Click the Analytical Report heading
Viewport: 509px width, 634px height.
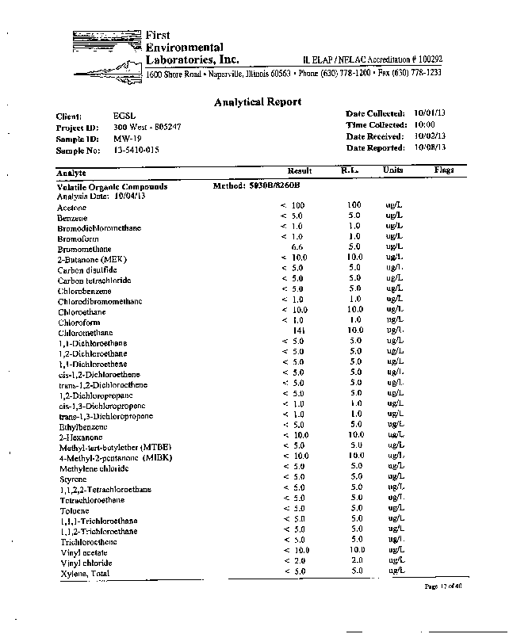click(258, 101)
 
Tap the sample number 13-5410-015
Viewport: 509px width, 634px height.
click(136, 148)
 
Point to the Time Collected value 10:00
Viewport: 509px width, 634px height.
click(424, 125)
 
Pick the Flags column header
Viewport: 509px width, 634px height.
click(443, 170)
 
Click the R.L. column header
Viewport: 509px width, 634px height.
click(350, 170)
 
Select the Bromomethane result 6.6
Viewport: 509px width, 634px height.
click(299, 247)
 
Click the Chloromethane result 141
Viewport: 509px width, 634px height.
click(299, 330)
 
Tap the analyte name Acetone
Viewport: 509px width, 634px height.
click(71, 207)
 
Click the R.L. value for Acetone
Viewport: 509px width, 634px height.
click(354, 205)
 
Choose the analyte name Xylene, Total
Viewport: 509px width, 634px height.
click(83, 573)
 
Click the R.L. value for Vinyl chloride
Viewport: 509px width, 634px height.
click(355, 560)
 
